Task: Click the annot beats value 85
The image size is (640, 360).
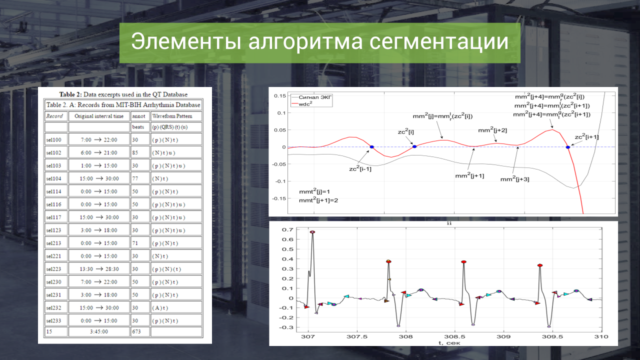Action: [x=135, y=152]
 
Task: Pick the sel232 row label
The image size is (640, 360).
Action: [x=53, y=307]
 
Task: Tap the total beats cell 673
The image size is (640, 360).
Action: [x=136, y=331]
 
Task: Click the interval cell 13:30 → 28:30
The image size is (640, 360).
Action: [x=99, y=269]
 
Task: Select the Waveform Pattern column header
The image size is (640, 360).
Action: [x=172, y=116]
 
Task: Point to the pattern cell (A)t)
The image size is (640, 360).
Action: [x=160, y=307]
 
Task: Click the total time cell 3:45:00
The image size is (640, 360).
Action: [x=99, y=331]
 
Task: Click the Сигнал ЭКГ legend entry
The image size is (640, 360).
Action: [x=315, y=97]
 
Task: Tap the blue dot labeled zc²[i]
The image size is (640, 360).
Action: [x=414, y=146]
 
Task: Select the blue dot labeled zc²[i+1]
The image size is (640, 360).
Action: [x=567, y=147]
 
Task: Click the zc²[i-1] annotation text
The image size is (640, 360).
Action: [x=360, y=168]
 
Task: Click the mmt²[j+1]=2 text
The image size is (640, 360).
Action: [x=318, y=200]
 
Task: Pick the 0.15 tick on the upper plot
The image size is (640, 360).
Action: [x=279, y=95]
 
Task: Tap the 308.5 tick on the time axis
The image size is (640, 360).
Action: [x=454, y=336]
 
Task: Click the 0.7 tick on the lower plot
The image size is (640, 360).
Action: [x=287, y=229]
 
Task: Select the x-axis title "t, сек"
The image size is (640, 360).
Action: [x=449, y=343]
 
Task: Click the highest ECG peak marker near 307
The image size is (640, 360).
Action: [x=312, y=232]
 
